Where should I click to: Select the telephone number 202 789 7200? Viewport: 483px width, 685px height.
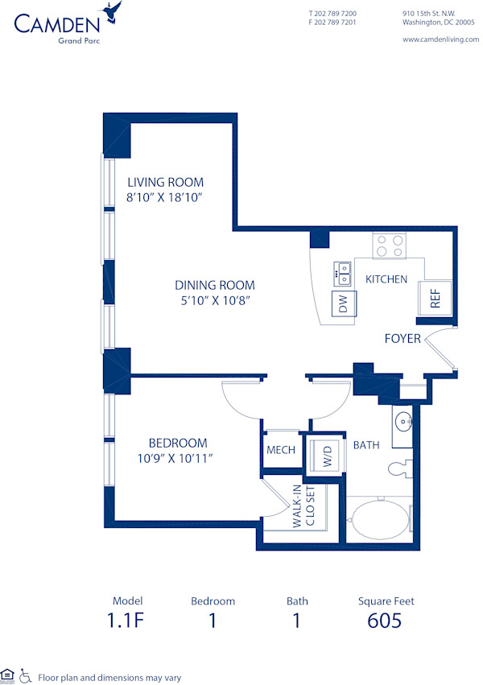[x=332, y=14]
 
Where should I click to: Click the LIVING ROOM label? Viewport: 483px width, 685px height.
[x=165, y=182]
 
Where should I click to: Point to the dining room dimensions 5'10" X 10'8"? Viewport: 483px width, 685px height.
[x=215, y=300]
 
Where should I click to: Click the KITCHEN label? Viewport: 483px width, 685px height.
[x=386, y=279]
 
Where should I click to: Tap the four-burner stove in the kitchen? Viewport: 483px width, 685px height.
[x=390, y=245]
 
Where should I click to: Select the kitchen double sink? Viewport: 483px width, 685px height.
[x=344, y=273]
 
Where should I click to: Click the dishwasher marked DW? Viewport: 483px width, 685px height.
[x=344, y=304]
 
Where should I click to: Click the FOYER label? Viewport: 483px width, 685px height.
[x=402, y=338]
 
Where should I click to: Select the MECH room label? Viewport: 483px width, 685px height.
[x=281, y=450]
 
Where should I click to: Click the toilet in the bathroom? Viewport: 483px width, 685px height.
[x=398, y=468]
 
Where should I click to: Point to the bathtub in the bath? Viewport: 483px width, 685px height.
[x=378, y=519]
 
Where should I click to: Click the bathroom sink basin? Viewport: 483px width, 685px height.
[x=403, y=420]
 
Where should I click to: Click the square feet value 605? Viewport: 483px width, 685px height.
[x=384, y=620]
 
